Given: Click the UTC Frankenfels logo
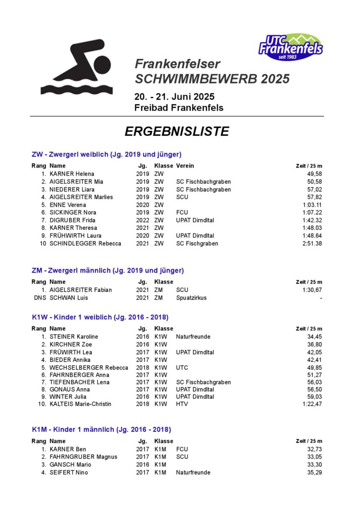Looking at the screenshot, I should pyautogui.click(x=291, y=47).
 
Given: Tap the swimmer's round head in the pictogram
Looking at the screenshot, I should pyautogui.click(x=102, y=64).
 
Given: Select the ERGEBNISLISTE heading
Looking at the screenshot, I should pyautogui.click(x=177, y=131).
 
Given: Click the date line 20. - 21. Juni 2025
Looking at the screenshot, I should pyautogui.click(x=175, y=96).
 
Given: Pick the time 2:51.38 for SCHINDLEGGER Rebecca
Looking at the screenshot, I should pyautogui.click(x=312, y=244).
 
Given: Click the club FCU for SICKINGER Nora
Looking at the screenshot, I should pyautogui.click(x=182, y=212).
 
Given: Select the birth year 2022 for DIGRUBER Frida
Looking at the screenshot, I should pyautogui.click(x=142, y=220).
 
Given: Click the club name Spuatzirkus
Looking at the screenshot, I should pyautogui.click(x=191, y=298).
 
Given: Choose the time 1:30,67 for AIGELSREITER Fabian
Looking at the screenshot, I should pyautogui.click(x=312, y=290).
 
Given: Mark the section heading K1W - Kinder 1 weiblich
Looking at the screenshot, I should pyautogui.click(x=100, y=317).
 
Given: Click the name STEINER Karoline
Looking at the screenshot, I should pyautogui.click(x=74, y=337).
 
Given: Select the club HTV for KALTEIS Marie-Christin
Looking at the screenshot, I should pyautogui.click(x=182, y=404).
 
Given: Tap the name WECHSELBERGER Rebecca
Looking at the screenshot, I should pyautogui.click(x=89, y=368).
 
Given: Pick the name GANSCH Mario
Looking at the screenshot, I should pyautogui.click(x=70, y=465).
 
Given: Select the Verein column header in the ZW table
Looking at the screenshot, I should pyautogui.click(x=185, y=166).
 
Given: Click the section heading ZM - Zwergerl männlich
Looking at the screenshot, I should pyautogui.click(x=107, y=271).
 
